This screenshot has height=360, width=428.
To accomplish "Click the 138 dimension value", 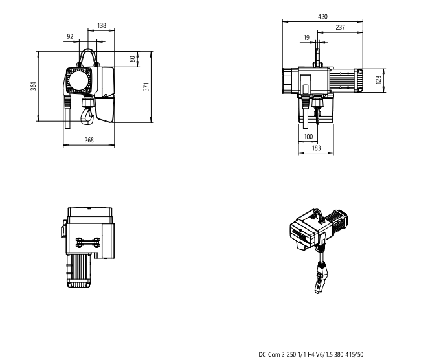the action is click(x=102, y=25).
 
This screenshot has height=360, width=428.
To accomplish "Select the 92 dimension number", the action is click(x=70, y=36).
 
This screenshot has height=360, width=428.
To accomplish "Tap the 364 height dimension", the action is click(x=33, y=86).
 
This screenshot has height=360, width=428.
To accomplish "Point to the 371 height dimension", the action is click(x=146, y=86).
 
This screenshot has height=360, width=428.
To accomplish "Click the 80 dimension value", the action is click(x=132, y=59).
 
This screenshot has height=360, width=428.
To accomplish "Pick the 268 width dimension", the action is click(x=89, y=140).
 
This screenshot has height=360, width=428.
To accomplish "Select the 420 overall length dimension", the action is click(x=322, y=17).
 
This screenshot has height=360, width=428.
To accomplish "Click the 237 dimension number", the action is click(x=341, y=27).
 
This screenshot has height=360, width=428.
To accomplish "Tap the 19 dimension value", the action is click(x=306, y=38).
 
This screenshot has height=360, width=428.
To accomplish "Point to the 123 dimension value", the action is click(x=378, y=80).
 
